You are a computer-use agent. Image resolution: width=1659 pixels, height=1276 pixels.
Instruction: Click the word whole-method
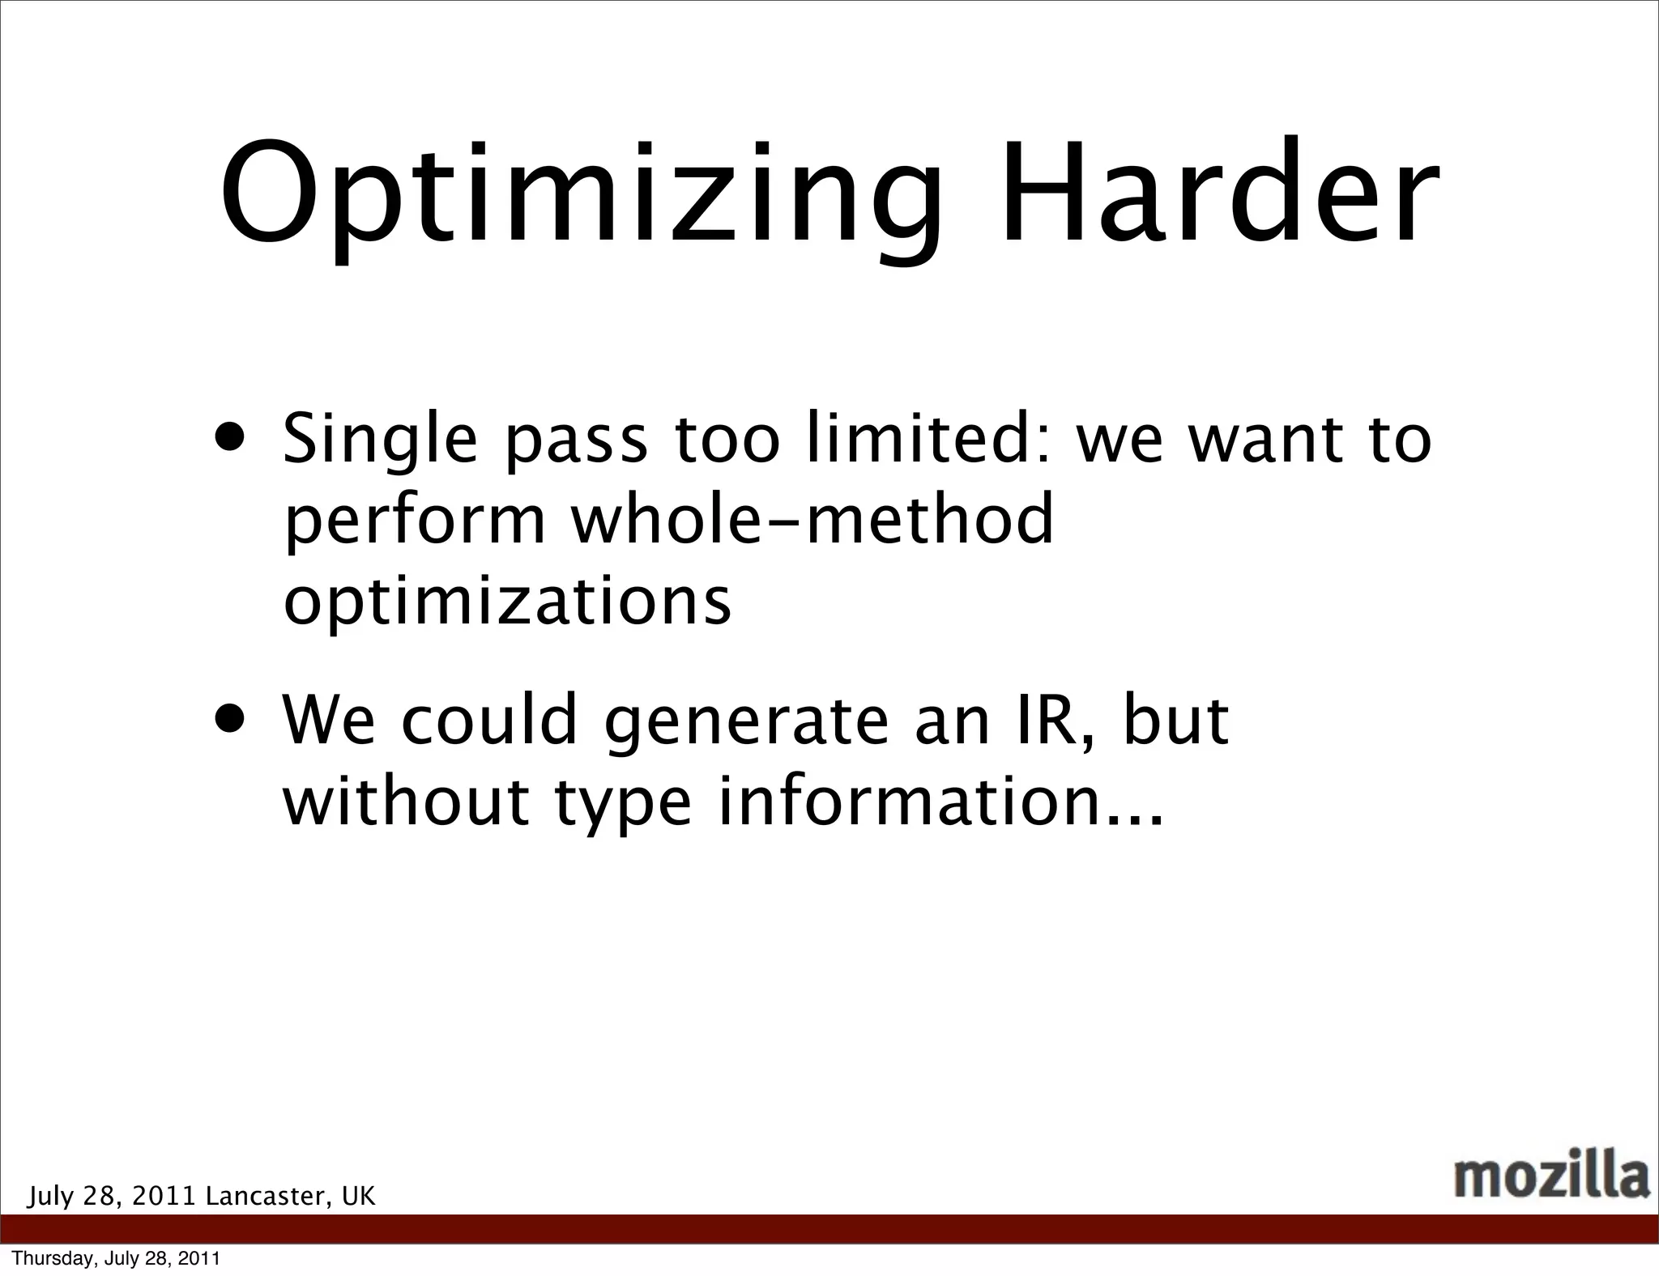pos(812,519)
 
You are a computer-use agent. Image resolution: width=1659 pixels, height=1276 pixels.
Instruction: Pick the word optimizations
pos(507,603)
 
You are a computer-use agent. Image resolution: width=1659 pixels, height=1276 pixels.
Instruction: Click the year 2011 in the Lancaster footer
pos(164,1197)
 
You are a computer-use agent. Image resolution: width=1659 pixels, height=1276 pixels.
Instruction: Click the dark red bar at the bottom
pos(829,1228)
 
